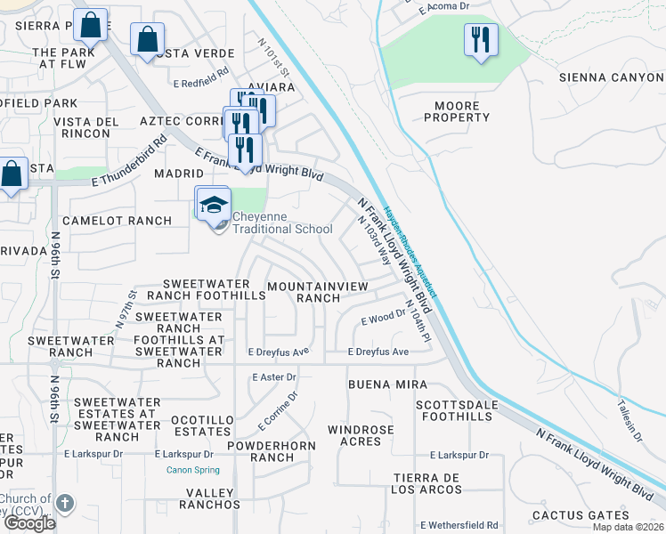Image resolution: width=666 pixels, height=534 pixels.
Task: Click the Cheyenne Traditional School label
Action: [276, 222]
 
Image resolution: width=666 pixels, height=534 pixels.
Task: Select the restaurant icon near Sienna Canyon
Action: [481, 41]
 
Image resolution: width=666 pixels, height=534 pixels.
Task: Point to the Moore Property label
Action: [457, 112]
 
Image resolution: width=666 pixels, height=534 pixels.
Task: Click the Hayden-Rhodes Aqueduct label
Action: [410, 252]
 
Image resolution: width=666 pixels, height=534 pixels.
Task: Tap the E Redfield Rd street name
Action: [202, 83]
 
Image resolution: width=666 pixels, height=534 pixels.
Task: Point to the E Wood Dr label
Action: [384, 319]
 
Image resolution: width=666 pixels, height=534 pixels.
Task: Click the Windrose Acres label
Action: [361, 436]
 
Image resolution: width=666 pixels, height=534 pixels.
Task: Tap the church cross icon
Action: [64, 504]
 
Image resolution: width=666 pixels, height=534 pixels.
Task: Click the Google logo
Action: [28, 523]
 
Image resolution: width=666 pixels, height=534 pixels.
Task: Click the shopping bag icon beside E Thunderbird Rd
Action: [12, 174]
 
